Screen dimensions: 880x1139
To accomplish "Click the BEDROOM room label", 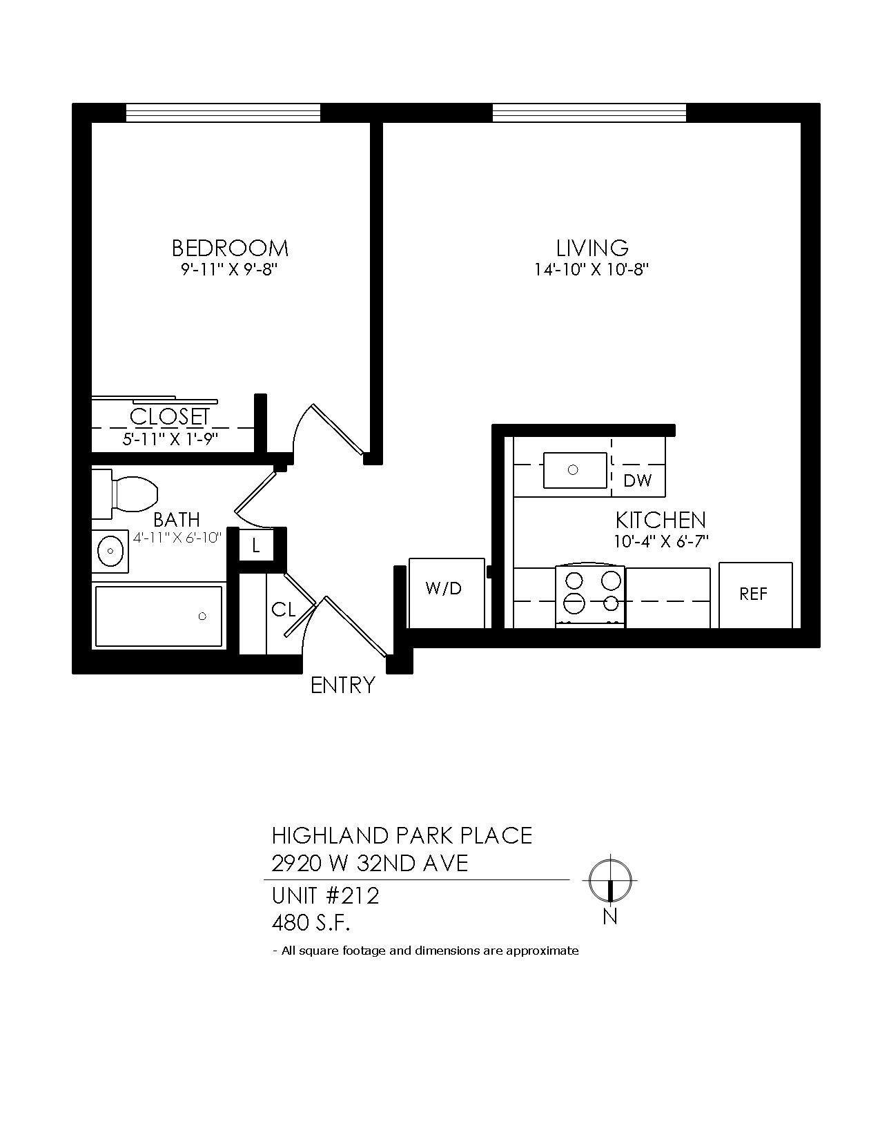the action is pos(230,248).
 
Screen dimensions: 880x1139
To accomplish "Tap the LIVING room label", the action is pos(592,248).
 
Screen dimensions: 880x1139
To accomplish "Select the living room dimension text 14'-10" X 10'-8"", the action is pos(591,270).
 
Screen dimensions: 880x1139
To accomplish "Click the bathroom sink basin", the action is pos(110,551).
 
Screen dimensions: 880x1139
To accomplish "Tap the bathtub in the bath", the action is pos(158,616).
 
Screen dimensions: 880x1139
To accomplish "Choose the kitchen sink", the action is pos(575,469).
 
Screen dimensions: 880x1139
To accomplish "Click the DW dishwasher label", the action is pos(637,480).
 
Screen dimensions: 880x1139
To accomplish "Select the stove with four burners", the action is pos(591,596).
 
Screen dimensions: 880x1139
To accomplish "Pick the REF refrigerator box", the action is pos(755,595).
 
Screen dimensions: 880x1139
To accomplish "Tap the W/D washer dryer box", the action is pos(447,593).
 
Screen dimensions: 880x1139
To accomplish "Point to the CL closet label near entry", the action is pos(284,609).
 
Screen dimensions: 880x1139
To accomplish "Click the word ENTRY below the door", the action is pos(343,685).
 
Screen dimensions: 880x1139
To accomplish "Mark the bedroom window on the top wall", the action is pos(223,113).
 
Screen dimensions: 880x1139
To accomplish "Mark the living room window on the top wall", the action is pos(589,113).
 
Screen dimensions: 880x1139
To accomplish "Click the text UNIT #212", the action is pos(325,896).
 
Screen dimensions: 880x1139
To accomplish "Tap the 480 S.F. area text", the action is pos(311,923).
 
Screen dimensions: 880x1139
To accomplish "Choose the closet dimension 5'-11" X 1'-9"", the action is pos(170,439).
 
